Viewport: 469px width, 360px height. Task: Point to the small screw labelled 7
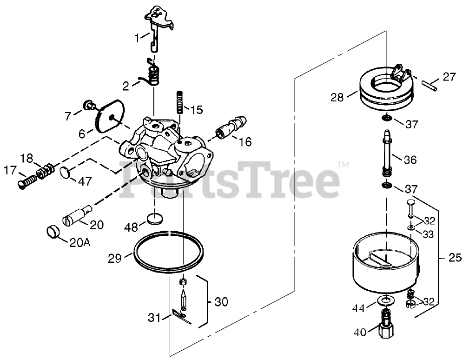click(87, 105)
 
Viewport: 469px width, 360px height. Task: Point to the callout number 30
click(222, 301)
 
